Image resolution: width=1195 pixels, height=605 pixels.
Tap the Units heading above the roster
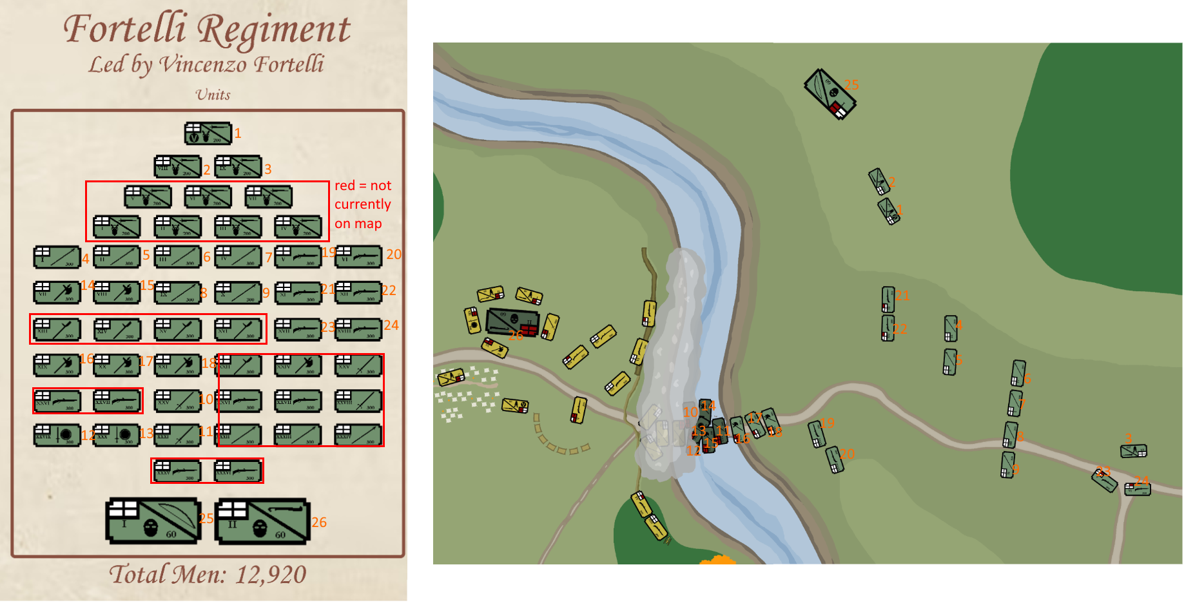213,95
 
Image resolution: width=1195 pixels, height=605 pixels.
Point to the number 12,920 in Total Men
270,574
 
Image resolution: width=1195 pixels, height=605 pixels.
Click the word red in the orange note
344,186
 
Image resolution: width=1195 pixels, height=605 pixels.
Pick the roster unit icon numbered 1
208,133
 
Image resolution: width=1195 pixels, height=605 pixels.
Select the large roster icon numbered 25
153,521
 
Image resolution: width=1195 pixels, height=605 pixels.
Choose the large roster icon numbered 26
262,521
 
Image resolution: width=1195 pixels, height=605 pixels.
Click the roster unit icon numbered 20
358,256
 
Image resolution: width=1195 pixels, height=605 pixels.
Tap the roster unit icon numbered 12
57,435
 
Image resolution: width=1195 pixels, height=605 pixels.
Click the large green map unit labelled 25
830,94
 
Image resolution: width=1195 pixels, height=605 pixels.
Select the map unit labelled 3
1133,451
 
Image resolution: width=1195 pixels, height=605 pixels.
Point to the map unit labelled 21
888,299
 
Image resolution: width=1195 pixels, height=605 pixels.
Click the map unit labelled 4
950,328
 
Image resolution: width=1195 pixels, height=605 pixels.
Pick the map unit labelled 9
1007,465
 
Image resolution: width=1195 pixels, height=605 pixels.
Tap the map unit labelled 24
1137,489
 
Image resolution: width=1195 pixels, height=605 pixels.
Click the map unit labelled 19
817,434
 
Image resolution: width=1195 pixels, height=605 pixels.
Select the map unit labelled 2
879,181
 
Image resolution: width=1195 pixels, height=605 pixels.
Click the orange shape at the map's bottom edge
717,560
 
